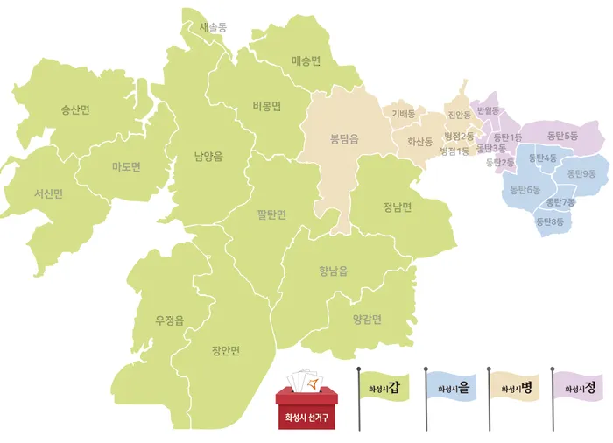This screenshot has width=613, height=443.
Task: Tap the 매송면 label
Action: tap(306, 60)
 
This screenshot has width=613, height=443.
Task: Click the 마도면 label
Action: tap(126, 166)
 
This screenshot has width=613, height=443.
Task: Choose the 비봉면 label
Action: tap(265, 105)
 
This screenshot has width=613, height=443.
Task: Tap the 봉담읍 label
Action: tap(344, 138)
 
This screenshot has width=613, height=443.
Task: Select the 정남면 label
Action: tap(397, 207)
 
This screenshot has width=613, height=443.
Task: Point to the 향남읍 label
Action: tap(333, 271)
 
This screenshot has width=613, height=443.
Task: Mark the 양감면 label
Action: tap(367, 319)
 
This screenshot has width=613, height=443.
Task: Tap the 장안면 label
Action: tap(225, 351)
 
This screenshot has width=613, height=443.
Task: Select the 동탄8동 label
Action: tap(551, 221)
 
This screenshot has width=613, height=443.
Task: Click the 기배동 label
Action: tap(404, 113)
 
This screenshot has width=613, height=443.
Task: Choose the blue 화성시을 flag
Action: tap(452, 388)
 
